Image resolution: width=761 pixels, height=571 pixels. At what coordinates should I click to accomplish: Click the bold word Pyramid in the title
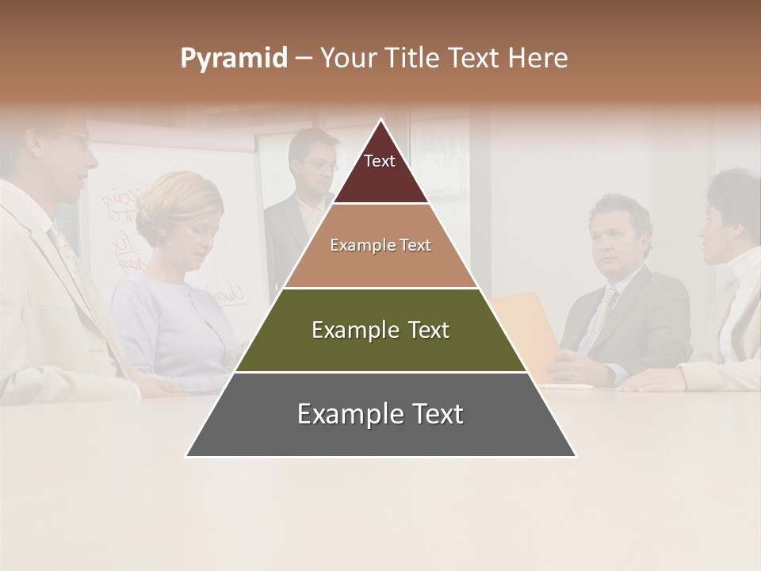click(233, 59)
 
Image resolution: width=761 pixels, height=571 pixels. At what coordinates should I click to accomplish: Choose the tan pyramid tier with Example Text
click(380, 246)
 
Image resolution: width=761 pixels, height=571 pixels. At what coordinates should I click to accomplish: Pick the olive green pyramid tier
click(380, 331)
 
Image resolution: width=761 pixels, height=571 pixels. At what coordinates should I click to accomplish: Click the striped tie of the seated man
click(600, 317)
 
